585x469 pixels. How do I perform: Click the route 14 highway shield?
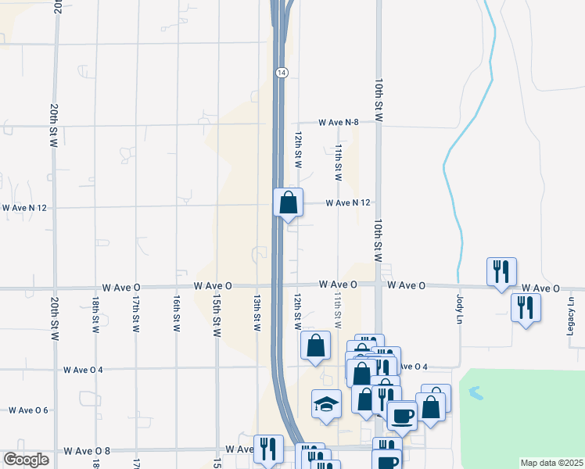282,72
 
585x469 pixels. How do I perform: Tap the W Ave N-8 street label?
338,123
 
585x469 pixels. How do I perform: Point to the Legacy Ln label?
571,311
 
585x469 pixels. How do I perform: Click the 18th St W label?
95,314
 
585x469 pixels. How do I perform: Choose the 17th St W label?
135,314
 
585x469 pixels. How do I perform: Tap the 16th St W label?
177,314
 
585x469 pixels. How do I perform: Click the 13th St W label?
256,314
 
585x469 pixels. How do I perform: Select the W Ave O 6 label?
28,410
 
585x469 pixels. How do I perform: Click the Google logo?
26,460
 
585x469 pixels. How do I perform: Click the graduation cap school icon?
327,404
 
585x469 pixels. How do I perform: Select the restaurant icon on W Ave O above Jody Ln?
501,272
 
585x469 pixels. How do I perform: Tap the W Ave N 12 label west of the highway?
25,208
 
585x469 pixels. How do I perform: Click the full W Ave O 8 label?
87,451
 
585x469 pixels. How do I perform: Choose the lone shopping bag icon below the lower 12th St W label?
314,345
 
